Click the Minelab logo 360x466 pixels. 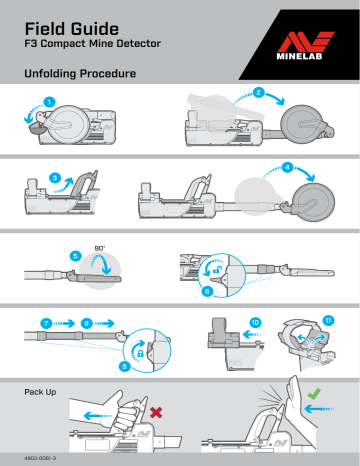(x=305, y=45)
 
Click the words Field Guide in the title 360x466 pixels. (x=72, y=29)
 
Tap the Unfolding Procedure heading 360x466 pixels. (x=80, y=74)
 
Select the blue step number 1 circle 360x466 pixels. (x=50, y=102)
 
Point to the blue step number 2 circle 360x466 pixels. (x=258, y=92)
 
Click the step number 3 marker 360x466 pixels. (x=55, y=178)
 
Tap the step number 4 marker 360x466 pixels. (x=287, y=167)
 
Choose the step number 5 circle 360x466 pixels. (x=75, y=256)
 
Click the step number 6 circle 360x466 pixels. (x=207, y=292)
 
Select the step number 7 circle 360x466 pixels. (x=46, y=323)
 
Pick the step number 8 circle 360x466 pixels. (x=86, y=323)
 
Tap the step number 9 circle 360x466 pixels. (x=124, y=367)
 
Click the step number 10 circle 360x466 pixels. (x=255, y=322)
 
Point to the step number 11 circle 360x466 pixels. (x=328, y=320)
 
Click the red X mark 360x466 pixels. (x=156, y=413)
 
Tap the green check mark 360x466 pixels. (x=314, y=394)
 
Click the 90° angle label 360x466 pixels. (x=100, y=248)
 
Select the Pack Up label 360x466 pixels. (x=40, y=392)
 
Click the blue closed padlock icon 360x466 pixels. (x=140, y=353)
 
